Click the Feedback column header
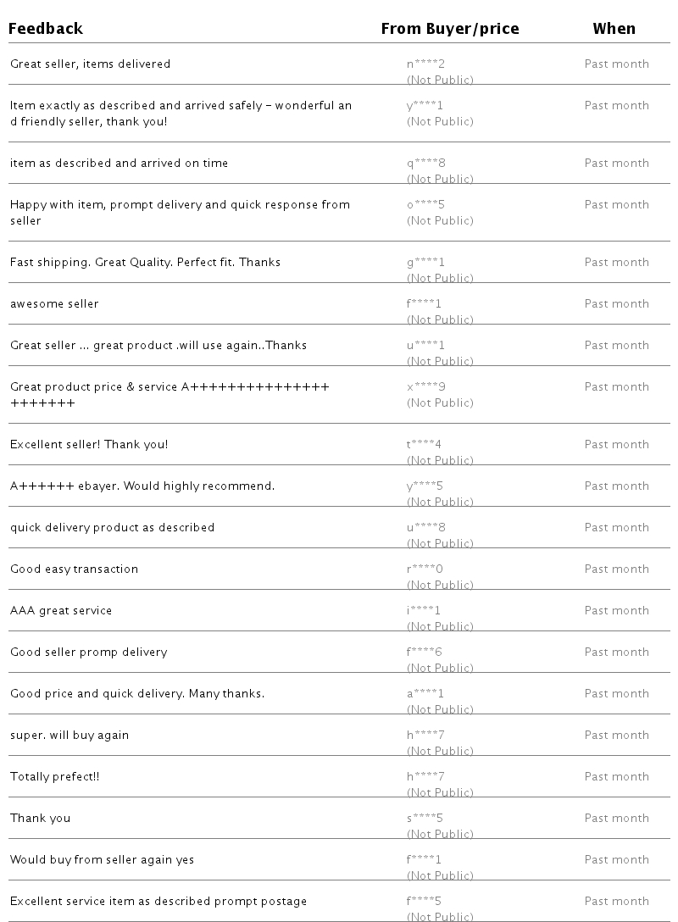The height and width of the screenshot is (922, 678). point(46,29)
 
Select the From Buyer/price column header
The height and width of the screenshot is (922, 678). point(450,29)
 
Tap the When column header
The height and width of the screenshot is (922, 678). point(614,29)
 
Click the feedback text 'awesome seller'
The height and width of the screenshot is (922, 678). point(54,304)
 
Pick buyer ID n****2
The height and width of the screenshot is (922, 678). point(425,64)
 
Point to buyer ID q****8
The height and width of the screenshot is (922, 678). point(425,164)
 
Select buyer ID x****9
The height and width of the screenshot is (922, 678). point(425,387)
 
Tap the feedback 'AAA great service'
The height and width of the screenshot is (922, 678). point(61,611)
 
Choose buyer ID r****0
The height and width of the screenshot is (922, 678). point(425,569)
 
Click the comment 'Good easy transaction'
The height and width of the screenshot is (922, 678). point(74,569)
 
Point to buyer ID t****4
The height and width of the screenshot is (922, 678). point(425,445)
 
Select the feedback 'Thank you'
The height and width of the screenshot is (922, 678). point(40,819)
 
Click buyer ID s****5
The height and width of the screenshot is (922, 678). point(425,819)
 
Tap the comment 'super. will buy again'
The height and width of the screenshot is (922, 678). point(69,736)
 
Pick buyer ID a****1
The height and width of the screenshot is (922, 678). point(425,694)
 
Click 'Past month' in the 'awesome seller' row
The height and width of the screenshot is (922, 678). point(616,304)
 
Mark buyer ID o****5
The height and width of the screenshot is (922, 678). point(425,205)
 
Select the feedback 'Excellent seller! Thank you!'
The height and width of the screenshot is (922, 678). point(89,445)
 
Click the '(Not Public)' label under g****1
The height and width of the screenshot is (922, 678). point(440,278)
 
